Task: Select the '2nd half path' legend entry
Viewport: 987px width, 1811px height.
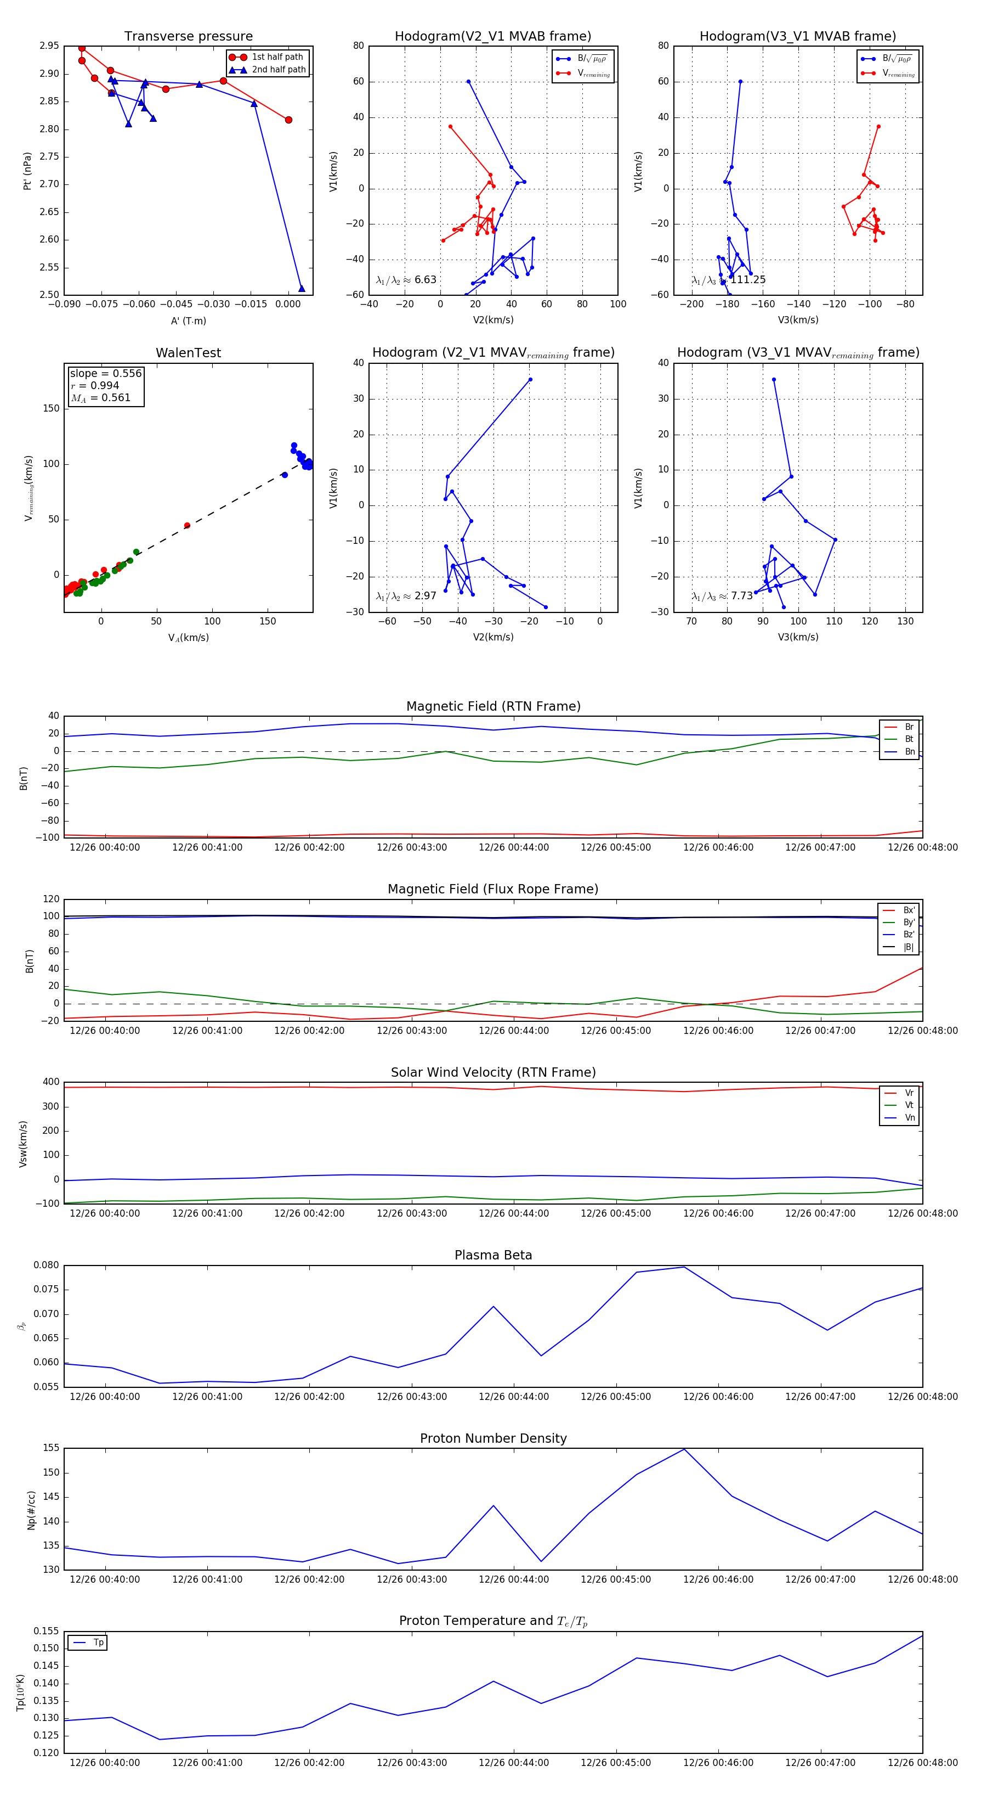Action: [278, 70]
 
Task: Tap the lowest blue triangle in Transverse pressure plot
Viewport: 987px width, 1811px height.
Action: [302, 288]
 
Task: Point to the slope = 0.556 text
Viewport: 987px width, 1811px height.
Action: [105, 373]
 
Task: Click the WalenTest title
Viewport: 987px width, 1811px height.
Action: [188, 353]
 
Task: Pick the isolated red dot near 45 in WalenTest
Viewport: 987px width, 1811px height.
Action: [187, 525]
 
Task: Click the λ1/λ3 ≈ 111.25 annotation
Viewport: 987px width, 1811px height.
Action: [729, 280]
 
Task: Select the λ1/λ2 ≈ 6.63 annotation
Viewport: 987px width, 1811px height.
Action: [406, 280]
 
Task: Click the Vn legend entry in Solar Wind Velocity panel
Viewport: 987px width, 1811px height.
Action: [909, 1118]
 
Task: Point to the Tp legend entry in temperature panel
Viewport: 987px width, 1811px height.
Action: [98, 1643]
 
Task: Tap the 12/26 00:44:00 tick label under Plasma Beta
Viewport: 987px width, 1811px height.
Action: [514, 1396]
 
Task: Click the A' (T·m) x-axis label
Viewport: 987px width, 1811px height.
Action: [188, 320]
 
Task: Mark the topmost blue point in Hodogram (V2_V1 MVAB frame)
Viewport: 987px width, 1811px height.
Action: [469, 82]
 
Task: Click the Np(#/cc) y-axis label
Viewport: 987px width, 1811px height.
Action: [31, 1510]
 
